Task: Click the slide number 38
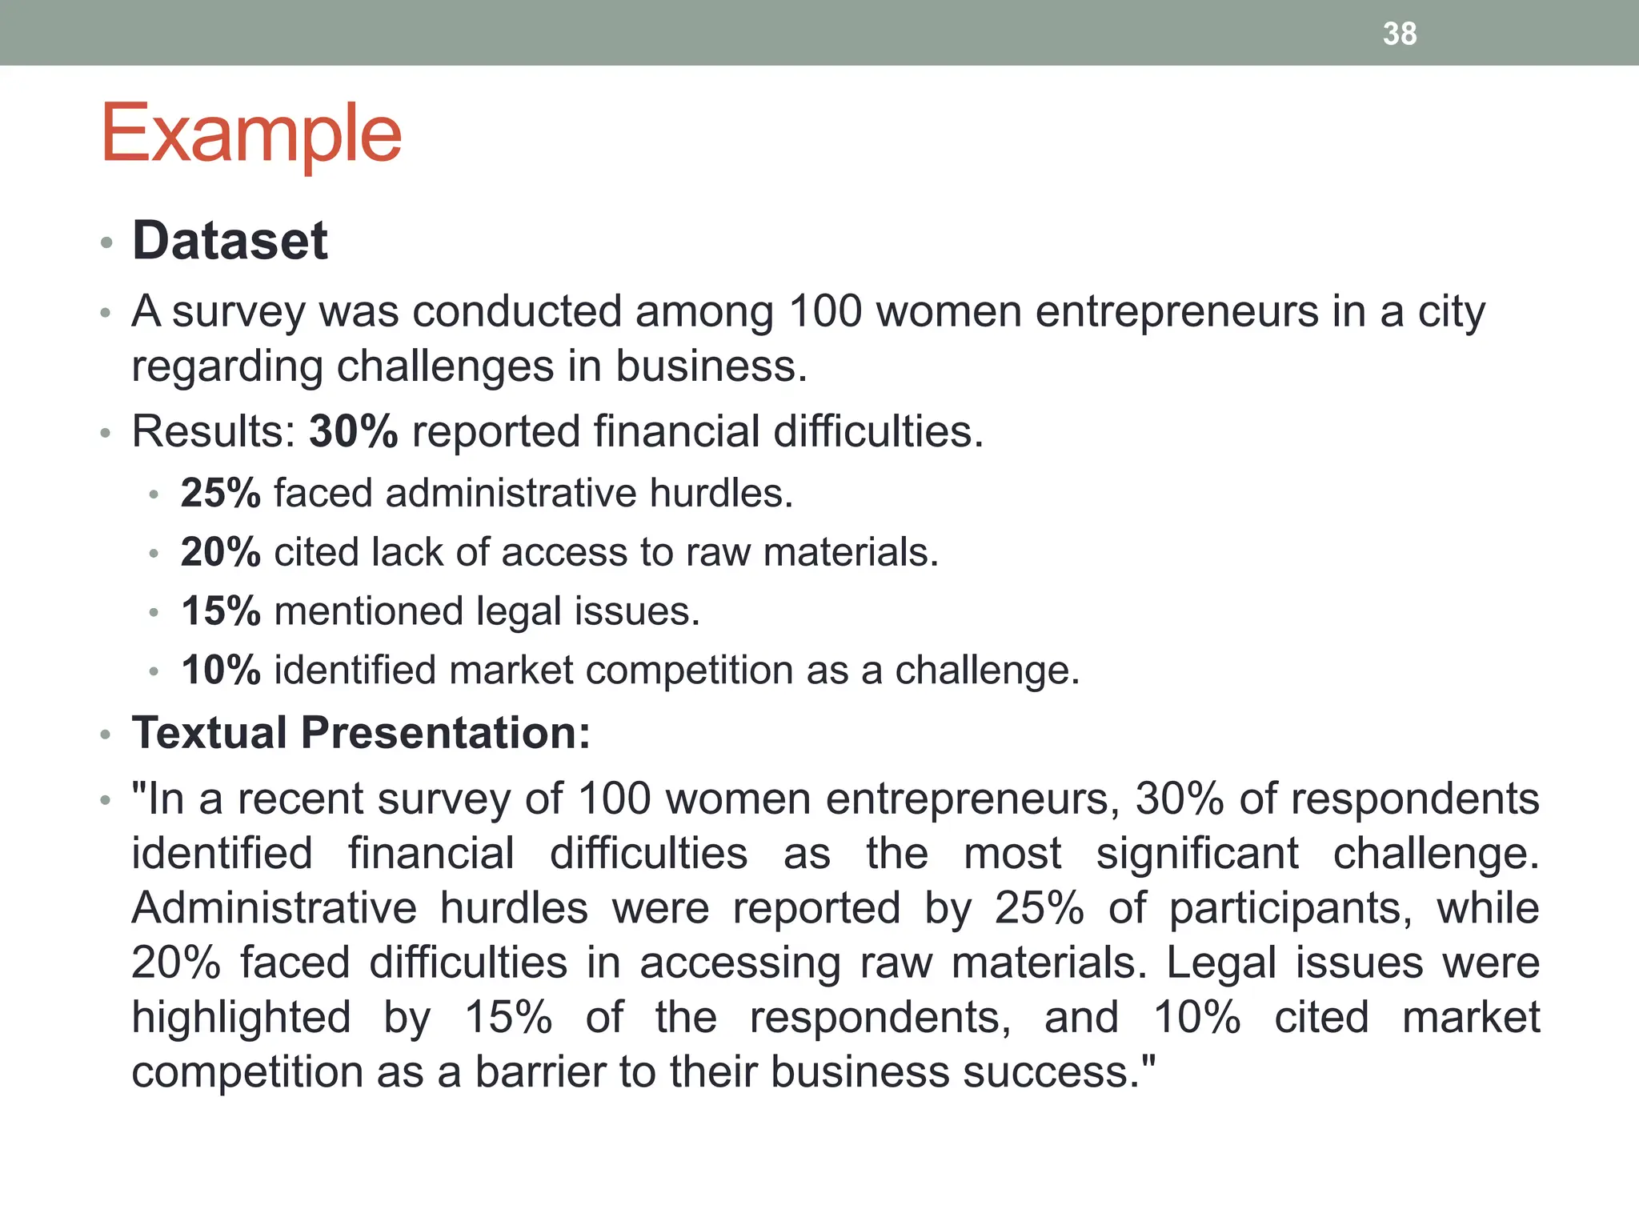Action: click(1400, 34)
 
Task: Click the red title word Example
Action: click(251, 134)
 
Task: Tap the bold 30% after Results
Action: click(354, 431)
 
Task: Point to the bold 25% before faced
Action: click(221, 493)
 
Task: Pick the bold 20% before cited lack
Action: click(221, 552)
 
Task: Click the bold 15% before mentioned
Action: click(221, 611)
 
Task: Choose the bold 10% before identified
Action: click(221, 671)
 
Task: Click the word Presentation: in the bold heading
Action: click(446, 732)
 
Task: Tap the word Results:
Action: click(214, 431)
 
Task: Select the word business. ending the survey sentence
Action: click(711, 366)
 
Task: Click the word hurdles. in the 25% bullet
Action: click(721, 493)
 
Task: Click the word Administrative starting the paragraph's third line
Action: click(275, 908)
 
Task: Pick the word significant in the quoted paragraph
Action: click(1197, 854)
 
